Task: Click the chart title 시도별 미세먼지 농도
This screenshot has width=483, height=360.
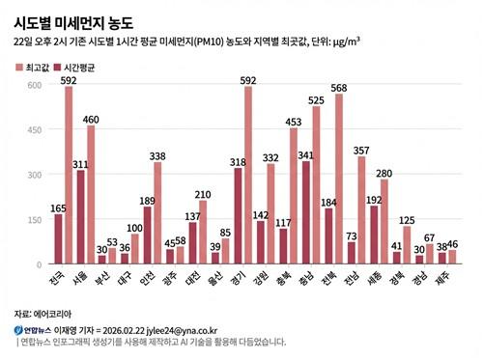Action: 73,20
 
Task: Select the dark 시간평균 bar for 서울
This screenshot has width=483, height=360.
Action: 81,217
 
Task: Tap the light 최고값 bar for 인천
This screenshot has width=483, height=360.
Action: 157,213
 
